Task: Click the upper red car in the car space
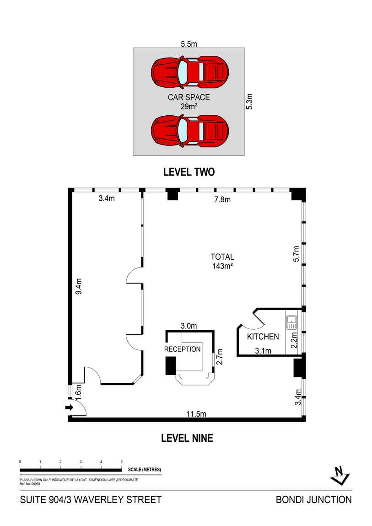[x=190, y=72]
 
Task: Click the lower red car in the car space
[x=190, y=131]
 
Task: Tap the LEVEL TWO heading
[x=189, y=172]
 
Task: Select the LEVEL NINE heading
[x=187, y=438]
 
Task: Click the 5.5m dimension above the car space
[x=189, y=44]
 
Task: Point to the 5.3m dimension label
[x=249, y=101]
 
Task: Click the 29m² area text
[x=189, y=107]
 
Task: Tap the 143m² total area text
[x=223, y=266]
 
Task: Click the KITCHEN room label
[x=263, y=337]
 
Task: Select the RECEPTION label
[x=183, y=349]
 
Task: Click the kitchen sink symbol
[x=291, y=322]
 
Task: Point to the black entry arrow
[x=69, y=408]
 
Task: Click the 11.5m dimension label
[x=196, y=414]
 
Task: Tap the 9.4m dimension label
[x=79, y=286]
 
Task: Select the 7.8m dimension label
[x=223, y=199]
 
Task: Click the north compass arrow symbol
[x=340, y=475]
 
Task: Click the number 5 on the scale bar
[x=121, y=462]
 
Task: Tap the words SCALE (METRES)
[x=145, y=470]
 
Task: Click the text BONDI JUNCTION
[x=313, y=500]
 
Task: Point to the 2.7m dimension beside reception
[x=220, y=357]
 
